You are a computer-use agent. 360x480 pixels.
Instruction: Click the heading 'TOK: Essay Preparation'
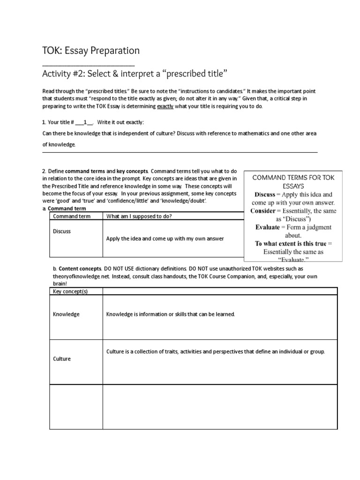click(91, 50)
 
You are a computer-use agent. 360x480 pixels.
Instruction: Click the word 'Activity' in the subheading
click(57, 74)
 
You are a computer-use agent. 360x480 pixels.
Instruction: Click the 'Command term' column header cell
click(71, 216)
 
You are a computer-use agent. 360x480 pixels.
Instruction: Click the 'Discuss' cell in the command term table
click(62, 232)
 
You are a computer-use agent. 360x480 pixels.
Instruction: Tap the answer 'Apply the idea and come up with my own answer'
click(165, 239)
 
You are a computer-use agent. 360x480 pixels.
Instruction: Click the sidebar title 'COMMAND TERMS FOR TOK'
click(293, 178)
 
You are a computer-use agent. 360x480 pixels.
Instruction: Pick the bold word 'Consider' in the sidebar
click(262, 211)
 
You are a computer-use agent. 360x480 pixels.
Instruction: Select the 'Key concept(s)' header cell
click(70, 291)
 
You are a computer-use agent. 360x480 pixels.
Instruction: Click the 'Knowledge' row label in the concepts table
click(66, 314)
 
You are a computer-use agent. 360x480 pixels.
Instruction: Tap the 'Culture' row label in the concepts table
click(62, 359)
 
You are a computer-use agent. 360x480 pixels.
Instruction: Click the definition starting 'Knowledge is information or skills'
click(170, 314)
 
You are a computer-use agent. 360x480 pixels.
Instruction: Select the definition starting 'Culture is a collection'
click(215, 352)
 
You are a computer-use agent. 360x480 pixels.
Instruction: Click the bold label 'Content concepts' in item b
click(76, 269)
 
